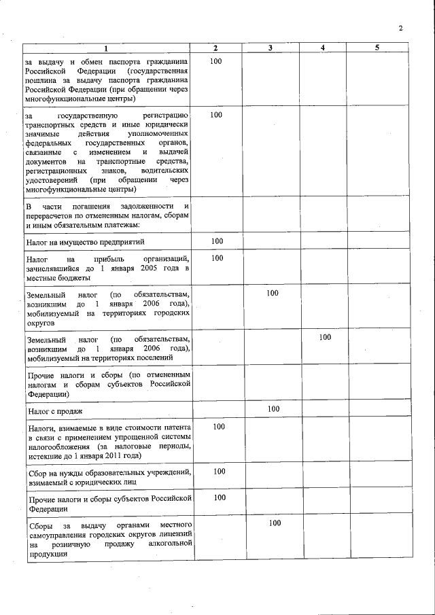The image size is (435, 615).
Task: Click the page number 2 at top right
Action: point(401,29)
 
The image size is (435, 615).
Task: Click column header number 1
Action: point(106,48)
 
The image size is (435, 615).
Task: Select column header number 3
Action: point(271,48)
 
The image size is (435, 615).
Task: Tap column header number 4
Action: point(323,48)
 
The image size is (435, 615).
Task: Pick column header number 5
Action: point(377,48)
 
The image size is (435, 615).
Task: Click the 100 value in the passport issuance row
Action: point(216,62)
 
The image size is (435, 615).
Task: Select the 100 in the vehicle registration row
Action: point(216,116)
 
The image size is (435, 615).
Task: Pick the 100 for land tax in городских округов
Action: point(273,294)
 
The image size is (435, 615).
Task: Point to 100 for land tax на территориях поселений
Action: point(325,337)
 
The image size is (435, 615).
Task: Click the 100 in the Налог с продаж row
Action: point(273,409)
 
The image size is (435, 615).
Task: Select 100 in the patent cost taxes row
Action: point(219,427)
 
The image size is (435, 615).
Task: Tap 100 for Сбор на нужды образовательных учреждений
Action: point(219,472)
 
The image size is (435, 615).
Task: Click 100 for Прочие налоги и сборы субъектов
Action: point(219,498)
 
